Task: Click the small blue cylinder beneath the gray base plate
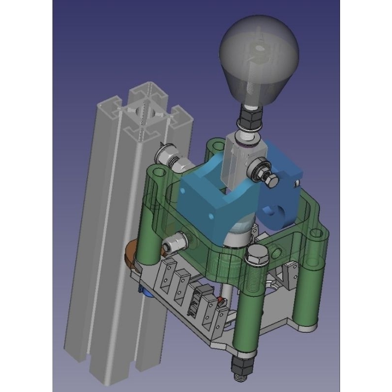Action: point(146,292)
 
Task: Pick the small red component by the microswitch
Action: point(221,300)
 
